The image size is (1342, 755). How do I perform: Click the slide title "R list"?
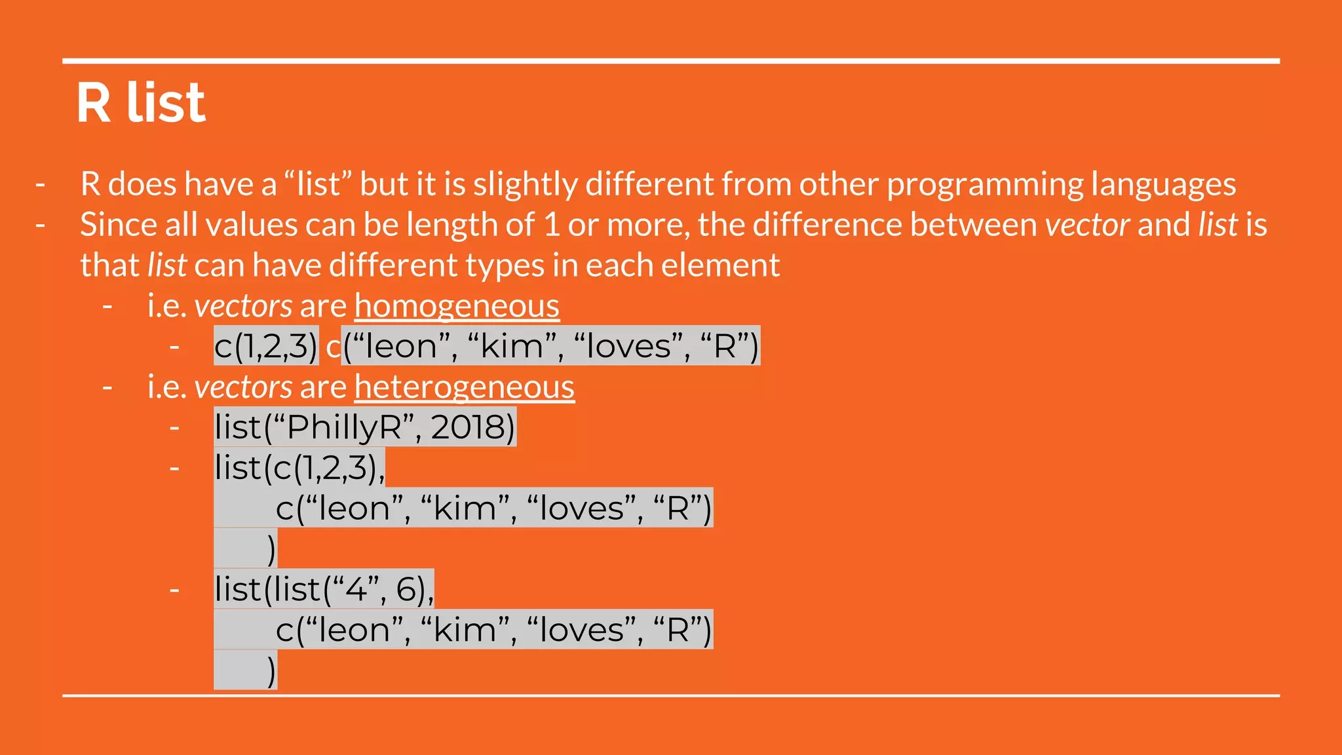[141, 103]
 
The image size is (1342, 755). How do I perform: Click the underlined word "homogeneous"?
[457, 306]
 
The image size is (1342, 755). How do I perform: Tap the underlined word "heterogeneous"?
[464, 387]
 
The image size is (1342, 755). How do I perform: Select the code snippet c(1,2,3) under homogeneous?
[265, 346]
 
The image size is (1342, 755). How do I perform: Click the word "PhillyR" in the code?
[344, 427]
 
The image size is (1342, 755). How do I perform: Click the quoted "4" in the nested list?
[356, 589]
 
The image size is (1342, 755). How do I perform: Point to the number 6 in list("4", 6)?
[406, 589]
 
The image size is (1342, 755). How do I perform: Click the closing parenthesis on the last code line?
[271, 670]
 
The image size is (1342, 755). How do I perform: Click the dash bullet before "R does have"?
[41, 184]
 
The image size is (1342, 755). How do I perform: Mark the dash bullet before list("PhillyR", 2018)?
[174, 428]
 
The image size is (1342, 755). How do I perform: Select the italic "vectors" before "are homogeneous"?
[243, 306]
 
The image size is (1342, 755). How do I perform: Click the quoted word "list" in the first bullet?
[318, 184]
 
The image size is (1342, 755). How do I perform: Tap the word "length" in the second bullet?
[451, 225]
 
